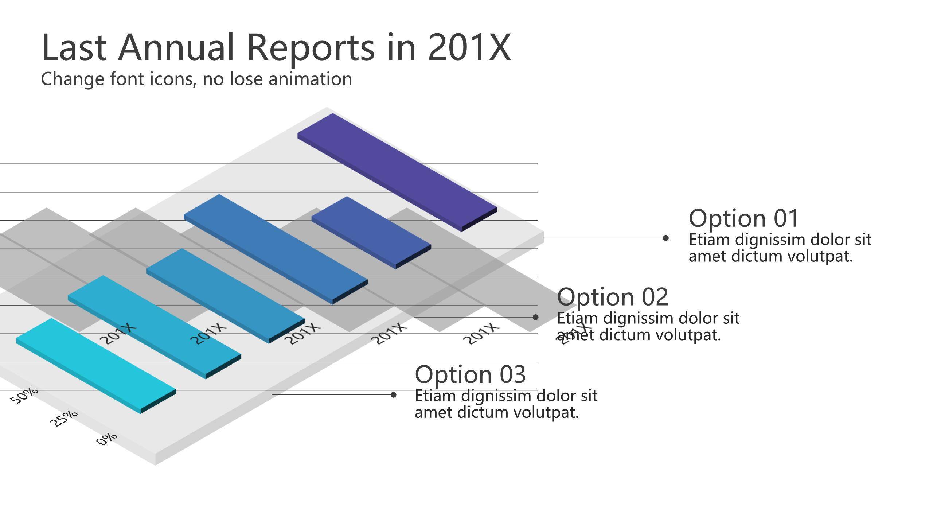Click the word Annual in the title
point(176,47)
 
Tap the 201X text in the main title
point(469,47)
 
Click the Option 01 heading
point(744,218)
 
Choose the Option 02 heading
point(613,297)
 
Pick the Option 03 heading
point(470,374)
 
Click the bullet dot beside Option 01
point(665,238)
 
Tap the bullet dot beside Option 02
point(535,317)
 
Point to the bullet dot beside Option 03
point(393,395)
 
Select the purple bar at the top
point(397,172)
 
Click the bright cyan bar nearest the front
point(96,366)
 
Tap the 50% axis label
point(24,396)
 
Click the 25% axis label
point(64,418)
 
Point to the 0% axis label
point(107,439)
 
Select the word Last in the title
point(74,47)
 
